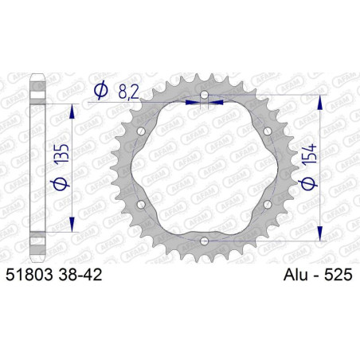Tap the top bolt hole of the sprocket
204,96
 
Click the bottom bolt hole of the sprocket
204,241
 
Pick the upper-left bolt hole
142,131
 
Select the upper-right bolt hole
266,131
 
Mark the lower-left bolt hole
142,205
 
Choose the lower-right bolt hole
266,205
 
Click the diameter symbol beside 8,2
101,92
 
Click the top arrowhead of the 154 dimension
321,101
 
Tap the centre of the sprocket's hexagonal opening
204,168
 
